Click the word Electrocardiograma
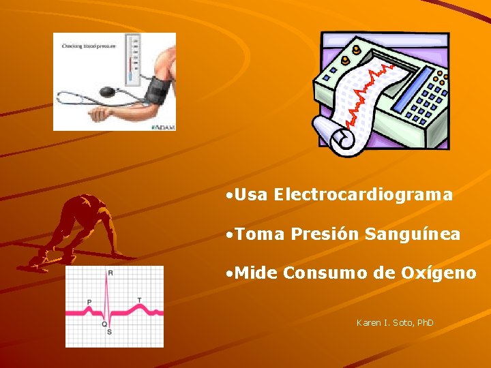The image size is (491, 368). tap(363, 195)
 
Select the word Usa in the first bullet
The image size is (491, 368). tap(252, 195)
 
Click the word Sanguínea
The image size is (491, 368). tap(413, 234)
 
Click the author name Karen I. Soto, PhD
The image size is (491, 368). tap(395, 322)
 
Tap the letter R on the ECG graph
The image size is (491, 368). tap(110, 273)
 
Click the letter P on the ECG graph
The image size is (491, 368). tap(89, 302)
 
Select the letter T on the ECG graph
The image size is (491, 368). tap(139, 300)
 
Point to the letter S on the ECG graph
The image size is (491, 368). tap(109, 332)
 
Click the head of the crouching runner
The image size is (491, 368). tap(88, 202)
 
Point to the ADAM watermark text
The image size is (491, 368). tap(164, 126)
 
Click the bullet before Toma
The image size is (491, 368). tap(230, 234)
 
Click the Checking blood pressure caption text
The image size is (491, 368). tap(89, 46)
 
